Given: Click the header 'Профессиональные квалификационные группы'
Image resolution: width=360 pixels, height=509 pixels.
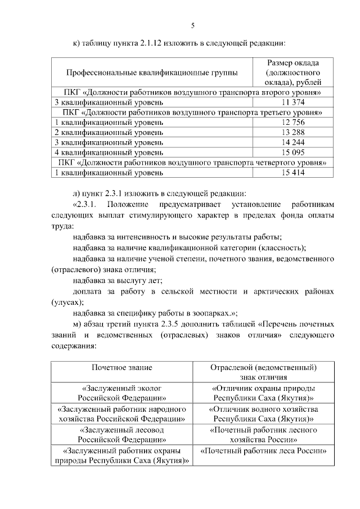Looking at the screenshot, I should tap(152, 73).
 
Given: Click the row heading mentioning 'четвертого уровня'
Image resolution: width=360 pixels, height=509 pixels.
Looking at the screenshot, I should tap(191, 163).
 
